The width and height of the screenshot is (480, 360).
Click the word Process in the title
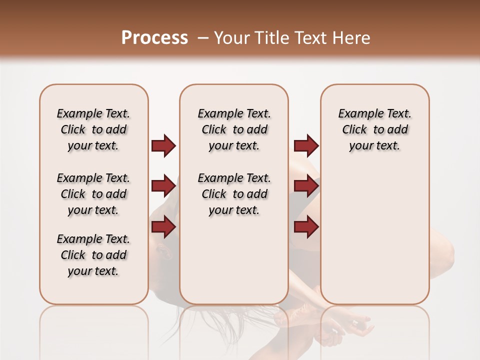coord(154,38)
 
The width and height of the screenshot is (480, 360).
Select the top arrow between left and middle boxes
coord(163,145)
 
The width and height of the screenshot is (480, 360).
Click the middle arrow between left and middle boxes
coord(163,186)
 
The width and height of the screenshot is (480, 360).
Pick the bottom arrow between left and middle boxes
coord(163,227)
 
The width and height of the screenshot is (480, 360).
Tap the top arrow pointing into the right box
coord(306,145)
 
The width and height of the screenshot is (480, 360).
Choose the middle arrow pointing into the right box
coord(306,186)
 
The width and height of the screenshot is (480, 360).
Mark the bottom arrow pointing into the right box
coord(306,227)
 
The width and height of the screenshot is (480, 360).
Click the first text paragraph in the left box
coord(93,129)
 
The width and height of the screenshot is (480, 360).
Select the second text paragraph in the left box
coord(93,194)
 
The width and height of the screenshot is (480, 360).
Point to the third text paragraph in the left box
coord(93,255)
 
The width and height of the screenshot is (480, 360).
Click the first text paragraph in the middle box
coord(234,129)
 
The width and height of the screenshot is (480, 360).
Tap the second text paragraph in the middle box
coord(234,194)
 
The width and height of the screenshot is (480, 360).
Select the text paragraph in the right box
coord(374,129)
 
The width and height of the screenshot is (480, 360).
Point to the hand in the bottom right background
coord(357,327)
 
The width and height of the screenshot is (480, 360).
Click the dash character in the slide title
coord(203,38)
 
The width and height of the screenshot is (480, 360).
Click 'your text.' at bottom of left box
coord(93,271)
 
